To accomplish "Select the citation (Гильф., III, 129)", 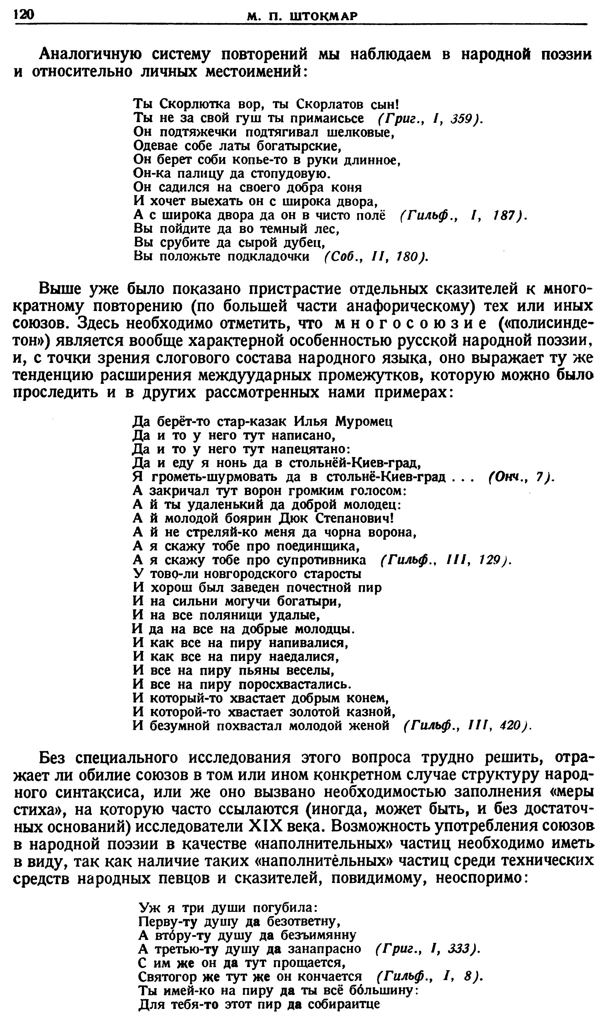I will pyautogui.click(x=446, y=560).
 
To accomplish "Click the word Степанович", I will pyautogui.click(x=354, y=518).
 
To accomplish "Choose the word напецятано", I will pyautogui.click(x=310, y=449).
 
